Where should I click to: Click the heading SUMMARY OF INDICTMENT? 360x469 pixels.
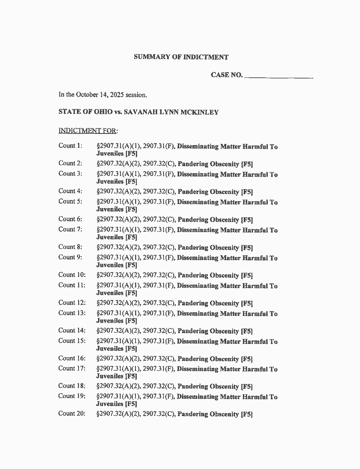pyautogui.click(x=181, y=57)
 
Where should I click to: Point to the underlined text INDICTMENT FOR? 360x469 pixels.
pyautogui.click(x=88, y=131)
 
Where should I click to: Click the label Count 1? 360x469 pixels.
pyautogui.click(x=70, y=146)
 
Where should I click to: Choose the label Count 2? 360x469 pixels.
pyautogui.click(x=70, y=163)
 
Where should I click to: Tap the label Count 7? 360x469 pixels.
pyautogui.click(x=70, y=230)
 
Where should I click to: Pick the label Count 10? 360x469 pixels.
pyautogui.click(x=72, y=275)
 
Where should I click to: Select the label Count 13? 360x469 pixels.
pyautogui.click(x=72, y=313)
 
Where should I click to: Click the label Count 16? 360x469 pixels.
pyautogui.click(x=72, y=358)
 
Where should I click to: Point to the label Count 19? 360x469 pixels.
pyautogui.click(x=72, y=396)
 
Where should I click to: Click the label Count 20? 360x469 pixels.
pyautogui.click(x=72, y=414)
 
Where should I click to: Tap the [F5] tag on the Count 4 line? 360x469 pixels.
pyautogui.click(x=247, y=192)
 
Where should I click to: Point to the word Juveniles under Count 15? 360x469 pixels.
pyautogui.click(x=110, y=349)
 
